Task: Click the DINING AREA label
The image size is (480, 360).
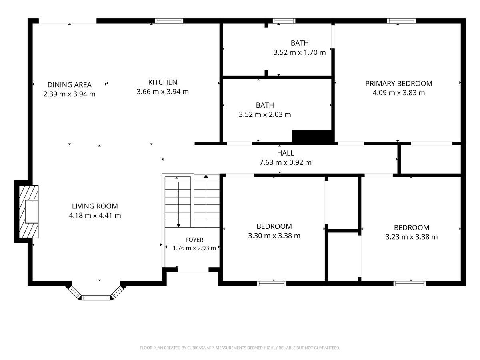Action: coord(69,84)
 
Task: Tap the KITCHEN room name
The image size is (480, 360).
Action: coord(162,82)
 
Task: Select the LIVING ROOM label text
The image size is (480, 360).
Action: coord(95,206)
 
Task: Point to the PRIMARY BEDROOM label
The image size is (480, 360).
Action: coord(398,83)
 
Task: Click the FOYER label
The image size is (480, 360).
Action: coord(194,240)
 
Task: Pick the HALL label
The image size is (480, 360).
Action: coord(285,153)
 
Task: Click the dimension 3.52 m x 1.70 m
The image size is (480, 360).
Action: coord(299,52)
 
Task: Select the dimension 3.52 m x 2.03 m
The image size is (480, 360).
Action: coord(265,114)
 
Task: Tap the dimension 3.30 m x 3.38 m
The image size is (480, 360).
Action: coord(274,236)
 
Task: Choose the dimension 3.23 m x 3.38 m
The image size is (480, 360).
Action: coord(411,237)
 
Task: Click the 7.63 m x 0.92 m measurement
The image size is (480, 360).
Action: coord(285,162)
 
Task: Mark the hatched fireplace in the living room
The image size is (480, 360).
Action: coord(29,211)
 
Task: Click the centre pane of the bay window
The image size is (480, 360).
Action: coord(96,298)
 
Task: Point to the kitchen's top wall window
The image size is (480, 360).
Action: coord(169,21)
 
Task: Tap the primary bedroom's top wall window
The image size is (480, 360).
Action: coord(401,21)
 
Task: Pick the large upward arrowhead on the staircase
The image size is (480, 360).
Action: coord(206,176)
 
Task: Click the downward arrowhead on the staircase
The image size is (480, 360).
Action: coord(178,226)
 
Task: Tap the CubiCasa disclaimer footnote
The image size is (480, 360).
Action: coord(240,348)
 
